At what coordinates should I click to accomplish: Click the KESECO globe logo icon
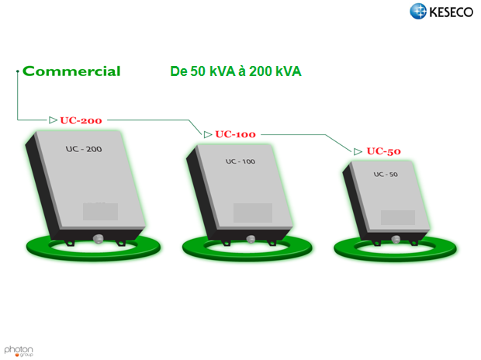click(x=418, y=11)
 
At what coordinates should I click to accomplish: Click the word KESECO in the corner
click(x=452, y=12)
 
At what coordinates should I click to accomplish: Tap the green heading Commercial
click(x=71, y=71)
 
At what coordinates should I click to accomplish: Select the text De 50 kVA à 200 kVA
click(x=236, y=71)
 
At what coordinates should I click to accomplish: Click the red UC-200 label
click(x=81, y=120)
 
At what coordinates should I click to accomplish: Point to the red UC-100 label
click(x=235, y=134)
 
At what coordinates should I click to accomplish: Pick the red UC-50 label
click(x=383, y=151)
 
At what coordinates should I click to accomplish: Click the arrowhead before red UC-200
click(x=53, y=120)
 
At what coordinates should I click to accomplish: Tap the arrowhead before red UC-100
click(x=208, y=134)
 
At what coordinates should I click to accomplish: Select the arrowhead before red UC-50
click(x=358, y=151)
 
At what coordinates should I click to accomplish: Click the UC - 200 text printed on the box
click(x=84, y=149)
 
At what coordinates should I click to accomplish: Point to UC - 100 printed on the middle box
click(x=240, y=161)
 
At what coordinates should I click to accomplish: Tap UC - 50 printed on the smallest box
click(x=386, y=175)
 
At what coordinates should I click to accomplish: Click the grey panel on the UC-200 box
click(x=100, y=212)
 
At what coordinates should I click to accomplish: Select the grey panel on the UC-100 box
click(x=253, y=213)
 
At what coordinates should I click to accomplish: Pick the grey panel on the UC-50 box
click(x=398, y=217)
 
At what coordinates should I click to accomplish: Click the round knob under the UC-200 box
click(x=99, y=239)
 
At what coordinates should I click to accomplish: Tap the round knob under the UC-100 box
click(x=251, y=239)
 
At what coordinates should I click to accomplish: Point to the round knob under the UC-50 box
click(x=396, y=239)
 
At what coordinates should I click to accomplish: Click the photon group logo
click(x=19, y=351)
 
